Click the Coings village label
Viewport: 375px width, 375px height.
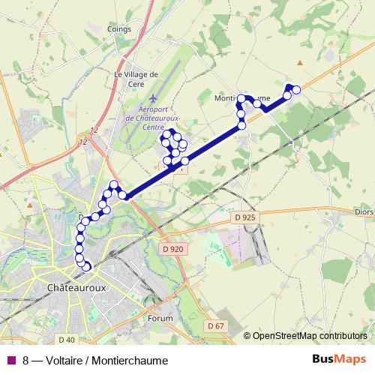point(119,29)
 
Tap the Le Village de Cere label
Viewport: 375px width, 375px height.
point(135,79)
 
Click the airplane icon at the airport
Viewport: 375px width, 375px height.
point(154,99)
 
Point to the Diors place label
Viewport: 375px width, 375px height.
point(363,211)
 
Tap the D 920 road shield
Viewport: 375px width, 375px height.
point(172,249)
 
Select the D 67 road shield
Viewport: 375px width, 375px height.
point(215,325)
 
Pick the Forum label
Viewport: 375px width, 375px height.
point(160,318)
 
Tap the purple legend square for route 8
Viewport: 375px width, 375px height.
point(10,358)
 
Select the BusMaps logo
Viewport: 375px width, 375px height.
point(344,358)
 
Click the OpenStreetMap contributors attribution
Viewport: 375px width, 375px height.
point(308,335)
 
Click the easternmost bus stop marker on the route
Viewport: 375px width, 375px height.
point(295,90)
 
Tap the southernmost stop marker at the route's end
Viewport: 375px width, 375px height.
point(87,266)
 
